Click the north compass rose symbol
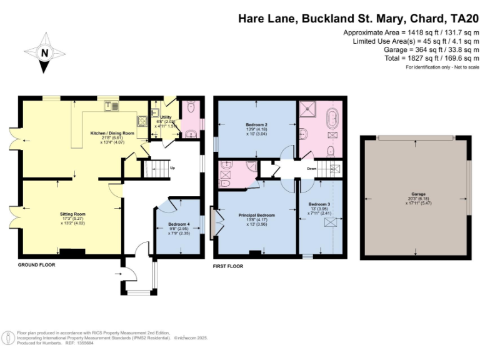pos(44,52)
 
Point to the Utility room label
pos(166,117)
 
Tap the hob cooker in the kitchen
pos(142,121)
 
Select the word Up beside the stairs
pos(172,168)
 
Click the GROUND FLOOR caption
pos(37,265)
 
